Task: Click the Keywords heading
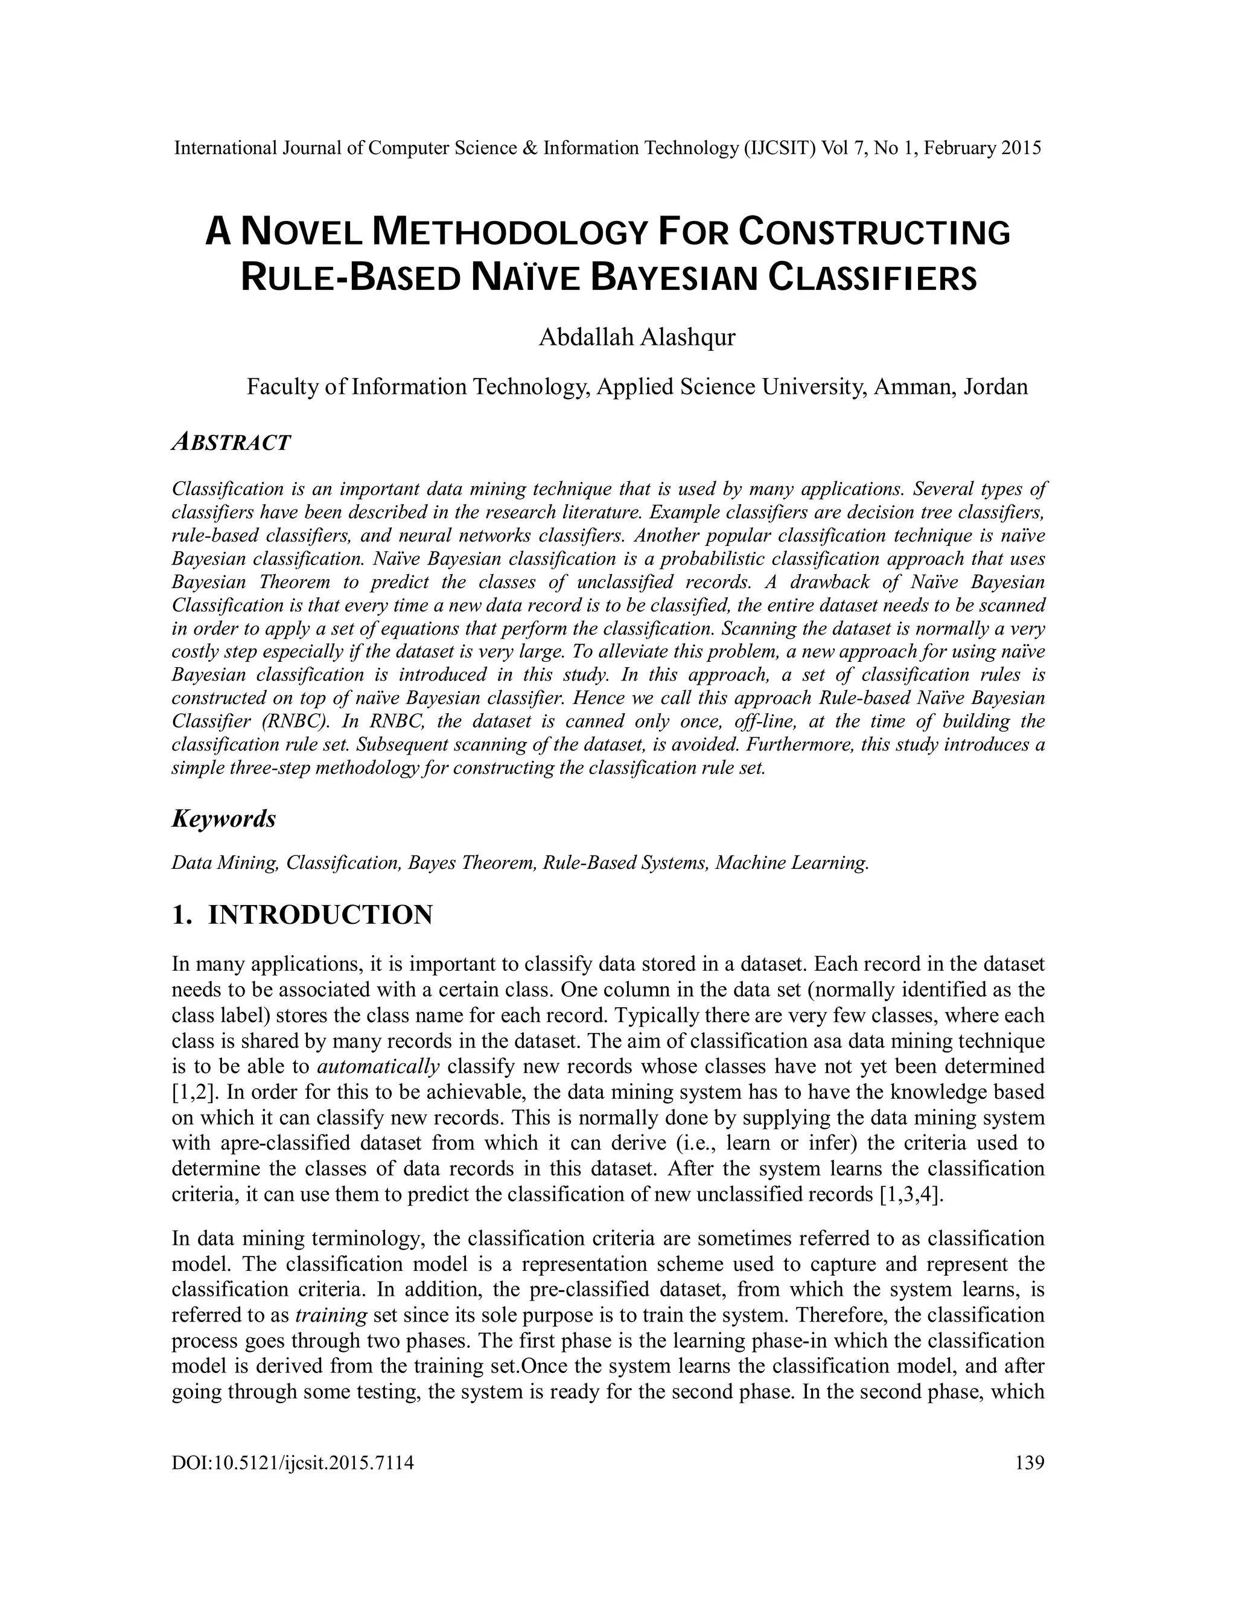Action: [223, 818]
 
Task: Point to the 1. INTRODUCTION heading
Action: [302, 914]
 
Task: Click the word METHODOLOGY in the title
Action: [511, 232]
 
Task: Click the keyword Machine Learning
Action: [792, 863]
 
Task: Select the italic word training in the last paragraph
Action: [330, 1315]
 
